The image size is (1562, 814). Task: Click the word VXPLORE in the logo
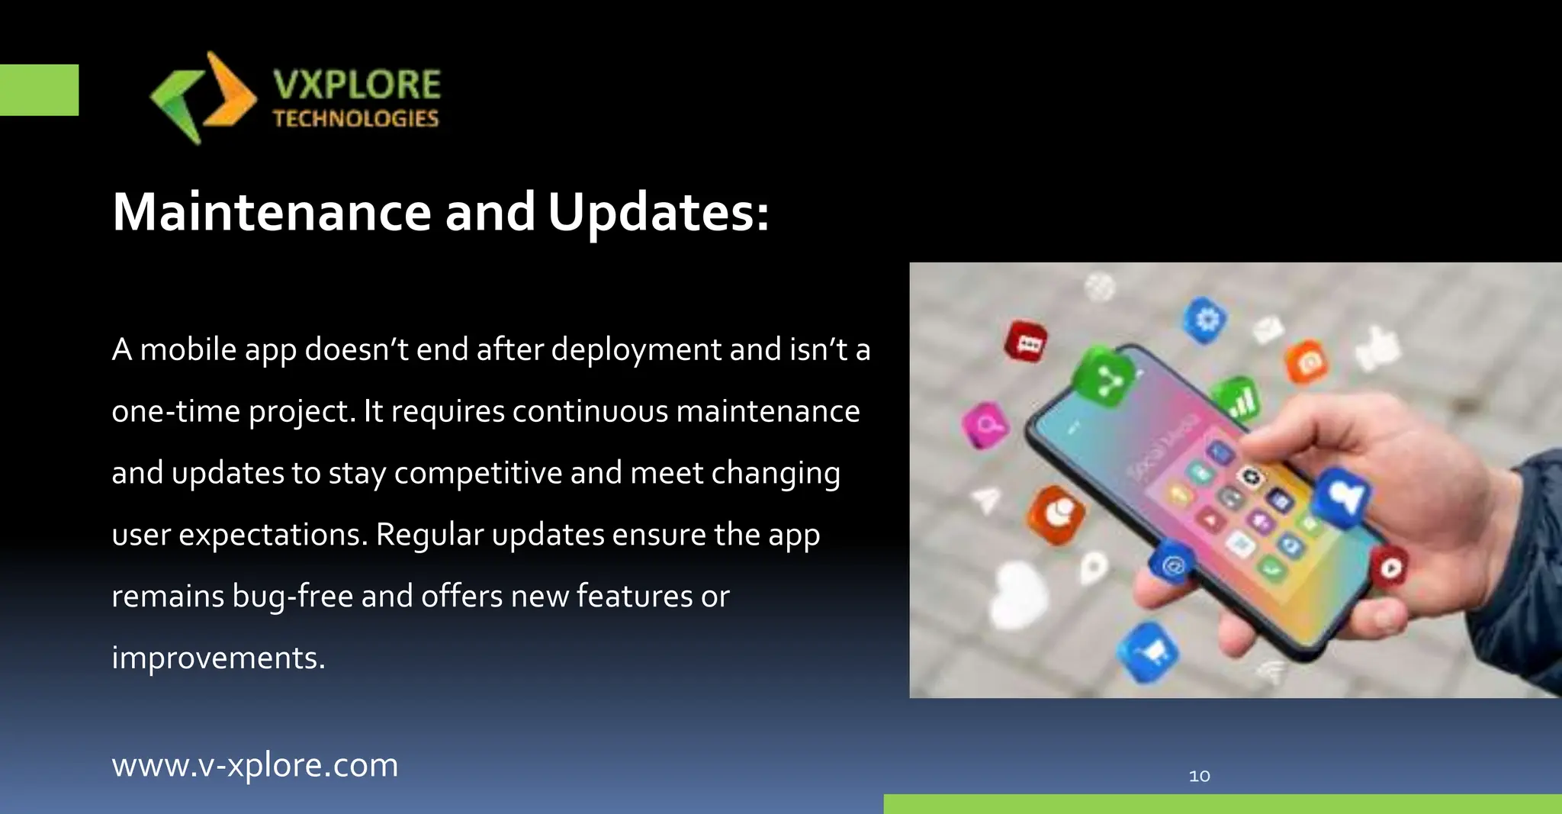click(x=357, y=85)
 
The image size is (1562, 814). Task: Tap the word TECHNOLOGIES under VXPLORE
click(x=355, y=119)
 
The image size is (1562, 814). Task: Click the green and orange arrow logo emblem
click(x=203, y=98)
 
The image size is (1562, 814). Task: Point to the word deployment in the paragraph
click(x=636, y=350)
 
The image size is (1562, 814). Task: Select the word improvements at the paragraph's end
click(x=218, y=658)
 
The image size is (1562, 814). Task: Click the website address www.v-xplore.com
click(x=255, y=765)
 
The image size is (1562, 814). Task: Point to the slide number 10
click(x=1199, y=776)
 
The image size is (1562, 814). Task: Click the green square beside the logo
click(x=39, y=90)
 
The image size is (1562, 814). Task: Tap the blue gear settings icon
click(x=1206, y=319)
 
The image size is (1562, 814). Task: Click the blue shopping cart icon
click(x=1149, y=651)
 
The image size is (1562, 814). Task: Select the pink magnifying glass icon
click(x=985, y=424)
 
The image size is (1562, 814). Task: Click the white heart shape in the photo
click(x=1018, y=594)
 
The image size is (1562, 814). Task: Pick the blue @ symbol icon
click(x=1172, y=565)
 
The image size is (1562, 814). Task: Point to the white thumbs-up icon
click(x=1379, y=349)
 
